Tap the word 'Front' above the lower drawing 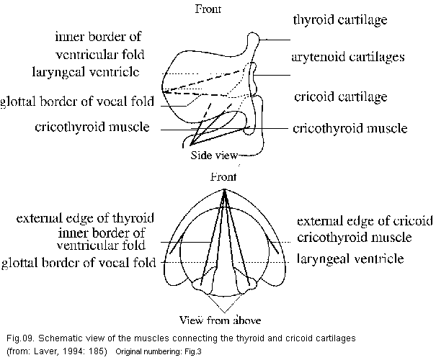[x=226, y=176]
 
